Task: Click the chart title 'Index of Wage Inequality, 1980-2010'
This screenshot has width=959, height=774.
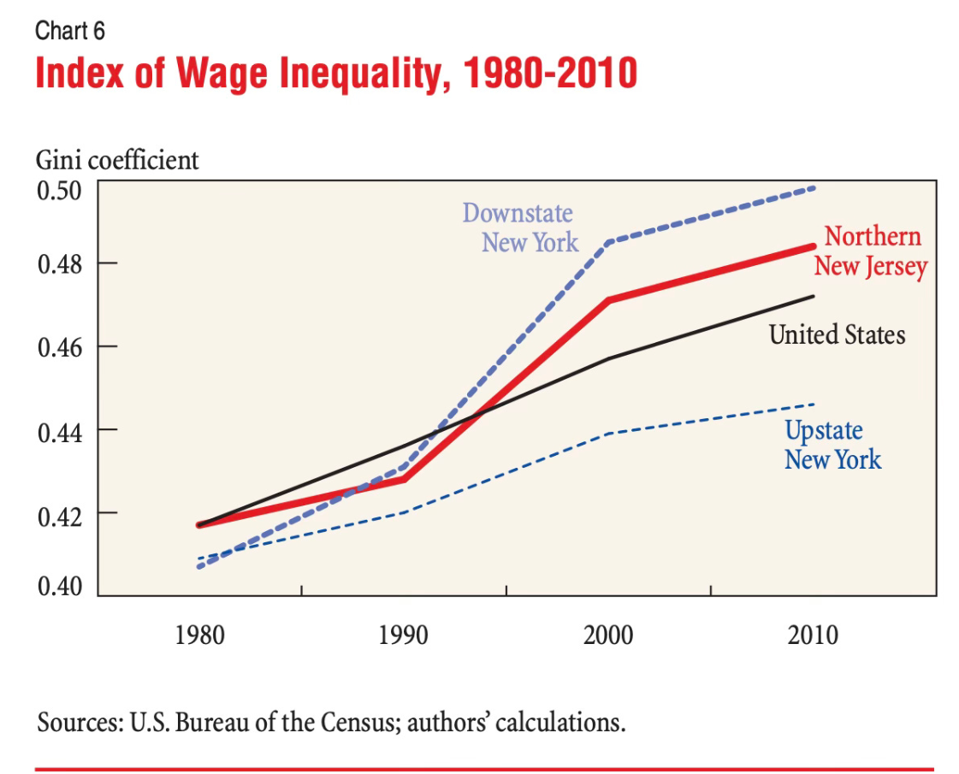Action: (336, 74)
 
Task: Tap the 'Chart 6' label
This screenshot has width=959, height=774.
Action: (70, 32)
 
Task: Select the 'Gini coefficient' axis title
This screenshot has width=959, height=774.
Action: (117, 160)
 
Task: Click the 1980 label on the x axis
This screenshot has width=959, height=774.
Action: (199, 636)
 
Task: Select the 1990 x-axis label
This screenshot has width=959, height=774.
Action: (404, 636)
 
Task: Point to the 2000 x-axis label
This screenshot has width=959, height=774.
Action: (608, 636)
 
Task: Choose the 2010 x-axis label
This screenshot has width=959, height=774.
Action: (813, 636)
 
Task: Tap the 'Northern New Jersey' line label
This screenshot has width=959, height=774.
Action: (871, 251)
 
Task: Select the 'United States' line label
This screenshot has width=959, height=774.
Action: (837, 334)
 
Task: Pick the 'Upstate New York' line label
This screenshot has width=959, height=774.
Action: (832, 445)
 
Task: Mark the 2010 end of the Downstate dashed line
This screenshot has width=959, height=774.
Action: (813, 187)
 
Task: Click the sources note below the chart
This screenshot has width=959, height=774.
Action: (331, 724)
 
